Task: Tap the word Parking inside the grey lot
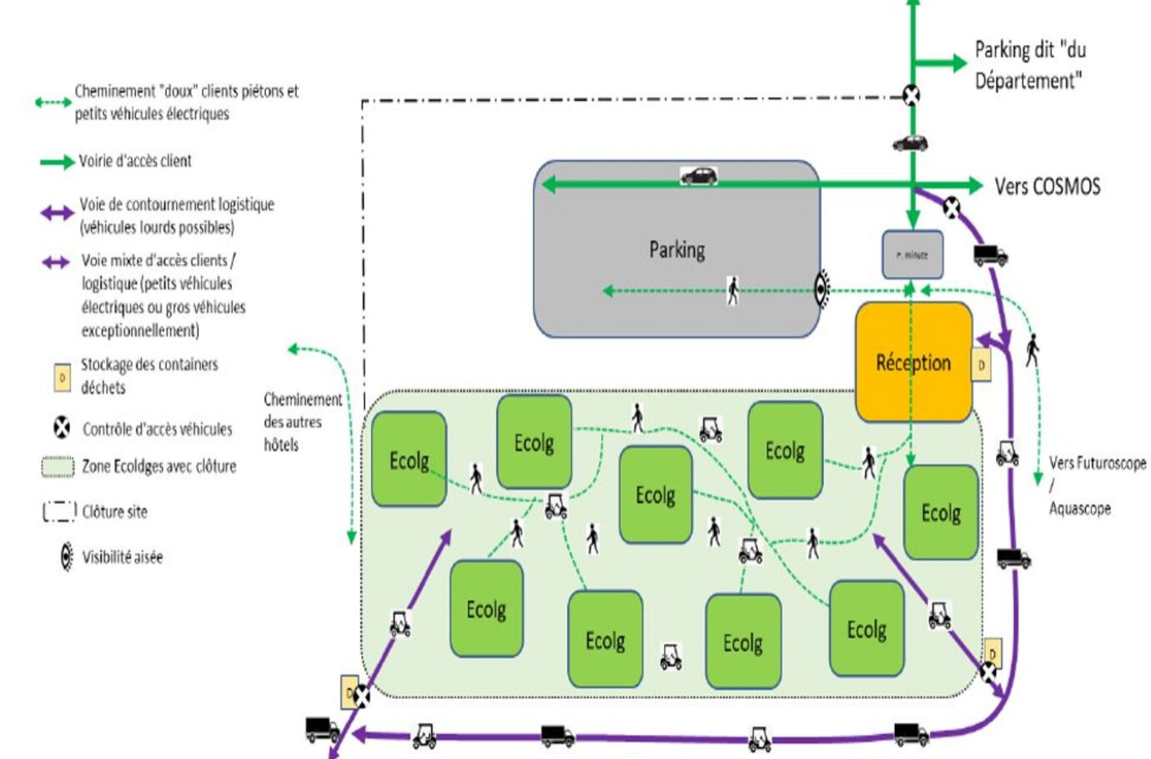point(676,249)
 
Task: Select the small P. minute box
point(912,254)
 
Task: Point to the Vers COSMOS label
point(1047,186)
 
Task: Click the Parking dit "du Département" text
point(1030,65)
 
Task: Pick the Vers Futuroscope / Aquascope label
point(1096,485)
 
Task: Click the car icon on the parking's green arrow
point(699,175)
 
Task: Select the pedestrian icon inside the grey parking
point(732,290)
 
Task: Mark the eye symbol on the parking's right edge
point(822,289)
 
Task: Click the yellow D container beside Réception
point(982,364)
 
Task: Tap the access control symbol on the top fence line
point(912,95)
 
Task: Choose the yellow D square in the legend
point(62,377)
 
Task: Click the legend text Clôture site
point(114,511)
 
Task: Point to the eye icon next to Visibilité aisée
point(66,556)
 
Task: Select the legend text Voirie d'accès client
point(135,161)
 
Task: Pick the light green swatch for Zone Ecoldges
point(58,466)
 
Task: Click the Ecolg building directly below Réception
point(940,511)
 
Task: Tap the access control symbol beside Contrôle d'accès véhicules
point(62,428)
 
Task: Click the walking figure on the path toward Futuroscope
point(1032,349)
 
